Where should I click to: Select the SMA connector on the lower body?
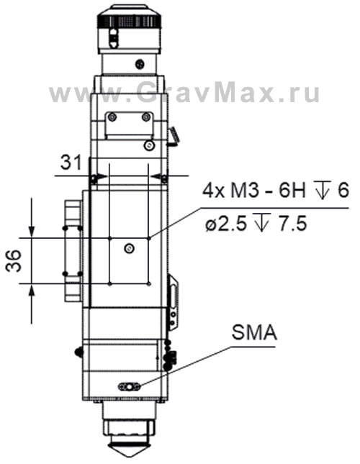tap(130, 386)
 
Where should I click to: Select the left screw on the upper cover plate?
tap(110, 117)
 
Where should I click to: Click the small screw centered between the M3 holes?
tap(128, 248)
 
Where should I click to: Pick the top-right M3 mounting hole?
tap(148, 237)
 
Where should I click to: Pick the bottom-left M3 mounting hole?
tap(108, 283)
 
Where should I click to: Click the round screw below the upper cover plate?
tap(148, 146)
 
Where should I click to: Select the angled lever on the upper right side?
tap(173, 134)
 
